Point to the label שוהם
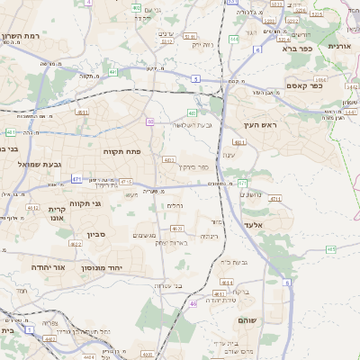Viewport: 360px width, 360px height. (x=249, y=320)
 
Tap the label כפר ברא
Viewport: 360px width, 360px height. (x=293, y=49)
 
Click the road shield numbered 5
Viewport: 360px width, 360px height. (x=194, y=80)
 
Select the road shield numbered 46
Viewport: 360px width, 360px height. (x=193, y=303)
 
